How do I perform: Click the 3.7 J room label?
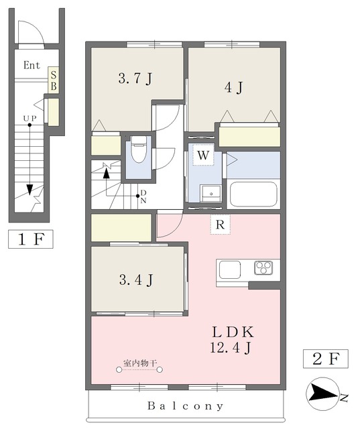click(135, 79)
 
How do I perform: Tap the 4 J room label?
click(233, 88)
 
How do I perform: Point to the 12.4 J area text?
click(231, 348)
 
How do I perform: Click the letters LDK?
click(233, 332)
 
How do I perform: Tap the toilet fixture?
click(139, 149)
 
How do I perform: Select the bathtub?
click(253, 194)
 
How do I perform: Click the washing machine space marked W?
click(203, 155)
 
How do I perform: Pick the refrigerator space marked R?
click(220, 225)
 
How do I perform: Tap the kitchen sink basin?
click(230, 269)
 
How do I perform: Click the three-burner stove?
click(263, 268)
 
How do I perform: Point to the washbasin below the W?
click(211, 194)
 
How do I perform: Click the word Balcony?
click(185, 406)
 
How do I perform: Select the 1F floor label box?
click(31, 239)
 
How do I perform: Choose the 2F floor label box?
click(326, 359)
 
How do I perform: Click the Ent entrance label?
click(32, 65)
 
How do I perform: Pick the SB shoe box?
click(54, 80)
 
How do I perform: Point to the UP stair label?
click(29, 119)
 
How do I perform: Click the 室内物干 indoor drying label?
click(140, 363)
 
